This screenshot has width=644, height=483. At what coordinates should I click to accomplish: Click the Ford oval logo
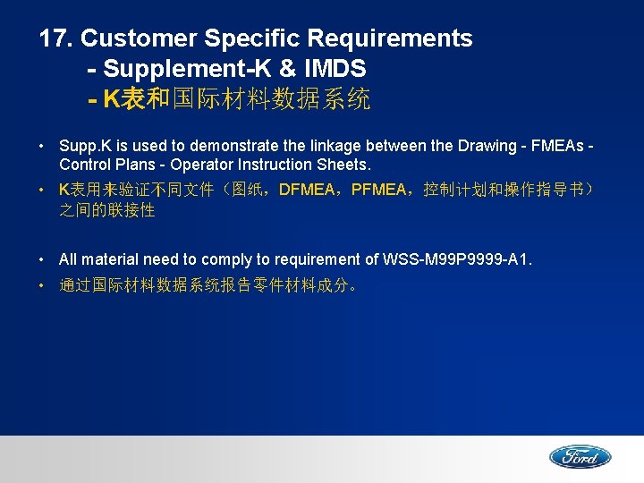580,457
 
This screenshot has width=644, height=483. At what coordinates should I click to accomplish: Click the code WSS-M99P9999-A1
457,259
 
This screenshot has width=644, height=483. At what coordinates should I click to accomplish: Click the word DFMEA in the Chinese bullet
303,191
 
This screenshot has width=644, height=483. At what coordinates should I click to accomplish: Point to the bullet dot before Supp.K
43,145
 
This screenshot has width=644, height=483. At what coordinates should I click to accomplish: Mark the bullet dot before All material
43,259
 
